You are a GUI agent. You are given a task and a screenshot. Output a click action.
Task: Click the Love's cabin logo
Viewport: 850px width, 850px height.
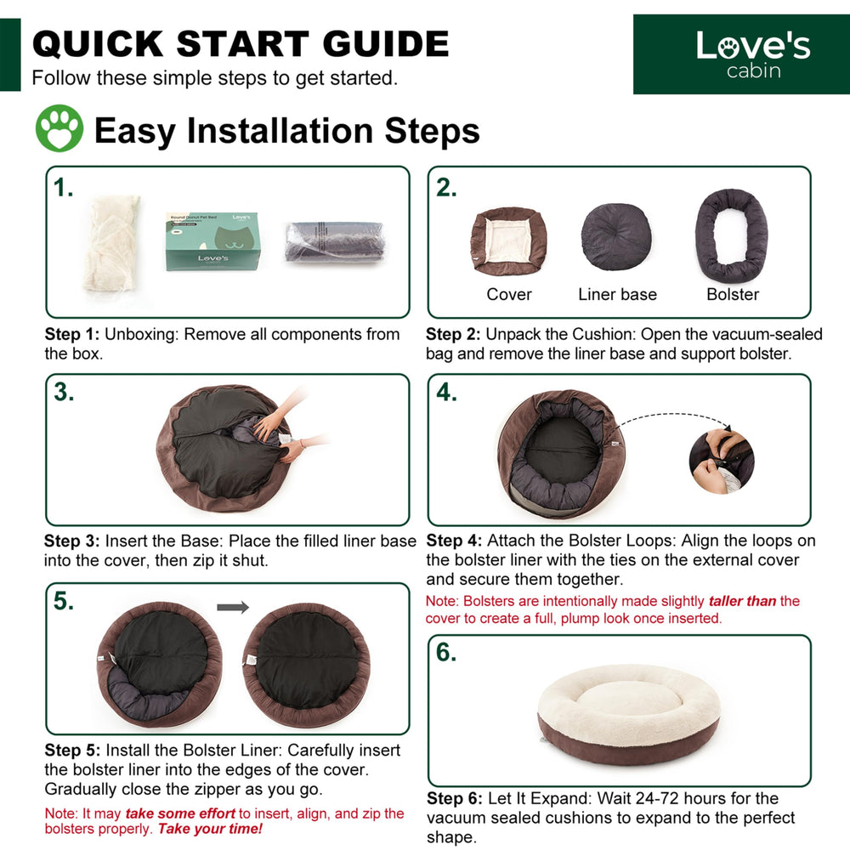click(x=741, y=54)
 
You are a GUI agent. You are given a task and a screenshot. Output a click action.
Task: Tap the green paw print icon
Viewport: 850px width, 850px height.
click(x=59, y=128)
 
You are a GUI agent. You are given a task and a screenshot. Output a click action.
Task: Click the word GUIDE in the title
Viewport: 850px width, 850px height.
click(x=386, y=43)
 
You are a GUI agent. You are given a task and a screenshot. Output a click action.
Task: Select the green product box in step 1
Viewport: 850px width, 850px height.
click(x=213, y=241)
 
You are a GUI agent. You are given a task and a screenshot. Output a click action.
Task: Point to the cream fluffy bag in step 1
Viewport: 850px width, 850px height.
click(x=111, y=243)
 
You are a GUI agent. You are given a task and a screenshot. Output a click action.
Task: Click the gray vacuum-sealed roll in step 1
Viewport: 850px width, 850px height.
click(x=335, y=241)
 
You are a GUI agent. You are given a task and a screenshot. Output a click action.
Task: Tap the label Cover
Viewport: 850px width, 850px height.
click(x=509, y=294)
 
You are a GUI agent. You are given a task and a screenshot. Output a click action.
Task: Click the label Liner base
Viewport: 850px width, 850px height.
click(x=617, y=294)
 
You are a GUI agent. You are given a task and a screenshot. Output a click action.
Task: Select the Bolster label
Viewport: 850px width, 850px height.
click(x=733, y=294)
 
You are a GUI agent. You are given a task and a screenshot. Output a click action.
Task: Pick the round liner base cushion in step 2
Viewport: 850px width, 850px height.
click(x=616, y=237)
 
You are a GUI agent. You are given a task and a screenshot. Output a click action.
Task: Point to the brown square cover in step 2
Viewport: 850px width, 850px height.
click(x=508, y=241)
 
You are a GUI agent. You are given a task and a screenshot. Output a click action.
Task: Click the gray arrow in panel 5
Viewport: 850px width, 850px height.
click(x=233, y=607)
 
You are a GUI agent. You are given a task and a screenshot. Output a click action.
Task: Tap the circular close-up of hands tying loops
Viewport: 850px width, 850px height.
click(x=722, y=461)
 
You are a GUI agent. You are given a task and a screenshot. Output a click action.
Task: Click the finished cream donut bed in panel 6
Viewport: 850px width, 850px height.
click(x=629, y=714)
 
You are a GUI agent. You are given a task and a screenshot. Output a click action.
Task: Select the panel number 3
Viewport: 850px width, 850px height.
click(x=64, y=393)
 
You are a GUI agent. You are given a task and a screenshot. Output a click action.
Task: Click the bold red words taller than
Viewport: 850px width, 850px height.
click(x=742, y=601)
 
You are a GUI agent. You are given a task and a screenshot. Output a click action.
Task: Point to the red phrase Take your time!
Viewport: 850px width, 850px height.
click(x=210, y=829)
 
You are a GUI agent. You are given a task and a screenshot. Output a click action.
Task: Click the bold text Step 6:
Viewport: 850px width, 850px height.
click(x=454, y=798)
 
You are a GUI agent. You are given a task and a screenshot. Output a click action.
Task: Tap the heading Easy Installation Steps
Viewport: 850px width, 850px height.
click(x=286, y=131)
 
